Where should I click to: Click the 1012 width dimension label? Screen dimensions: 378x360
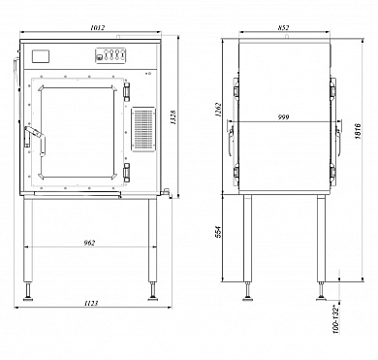(98, 28)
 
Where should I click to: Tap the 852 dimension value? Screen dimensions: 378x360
(283, 28)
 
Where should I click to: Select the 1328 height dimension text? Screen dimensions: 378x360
(173, 117)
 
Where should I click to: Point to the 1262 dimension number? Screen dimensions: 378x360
(218, 111)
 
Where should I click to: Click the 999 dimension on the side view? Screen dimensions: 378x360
(284, 117)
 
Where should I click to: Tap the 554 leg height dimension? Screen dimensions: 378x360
(218, 232)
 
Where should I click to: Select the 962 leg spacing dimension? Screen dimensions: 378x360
(89, 243)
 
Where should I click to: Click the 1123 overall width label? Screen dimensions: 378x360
(91, 303)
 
